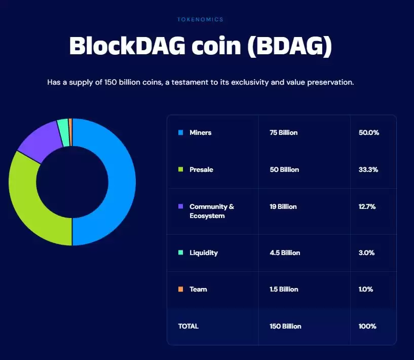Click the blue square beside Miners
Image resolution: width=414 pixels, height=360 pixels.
pos(180,133)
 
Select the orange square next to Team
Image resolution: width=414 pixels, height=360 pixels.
pos(180,290)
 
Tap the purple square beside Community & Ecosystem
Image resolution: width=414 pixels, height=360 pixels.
pos(180,207)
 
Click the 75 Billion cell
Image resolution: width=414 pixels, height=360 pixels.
pos(283,133)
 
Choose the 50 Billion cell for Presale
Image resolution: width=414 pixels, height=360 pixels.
pos(284,170)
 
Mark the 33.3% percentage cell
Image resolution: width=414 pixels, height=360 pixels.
pos(368,170)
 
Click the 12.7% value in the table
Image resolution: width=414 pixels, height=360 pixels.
pos(368,207)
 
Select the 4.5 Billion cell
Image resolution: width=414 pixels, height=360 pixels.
pos(285,253)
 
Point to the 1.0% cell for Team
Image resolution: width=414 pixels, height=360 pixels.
pos(366,290)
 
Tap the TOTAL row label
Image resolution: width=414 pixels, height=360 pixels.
pos(189,327)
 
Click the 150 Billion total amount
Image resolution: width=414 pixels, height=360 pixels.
pos(285,327)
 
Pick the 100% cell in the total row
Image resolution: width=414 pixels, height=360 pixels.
pos(367,327)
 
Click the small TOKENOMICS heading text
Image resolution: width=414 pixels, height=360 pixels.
pos(200,20)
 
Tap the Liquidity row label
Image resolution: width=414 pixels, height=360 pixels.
pos(204,253)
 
